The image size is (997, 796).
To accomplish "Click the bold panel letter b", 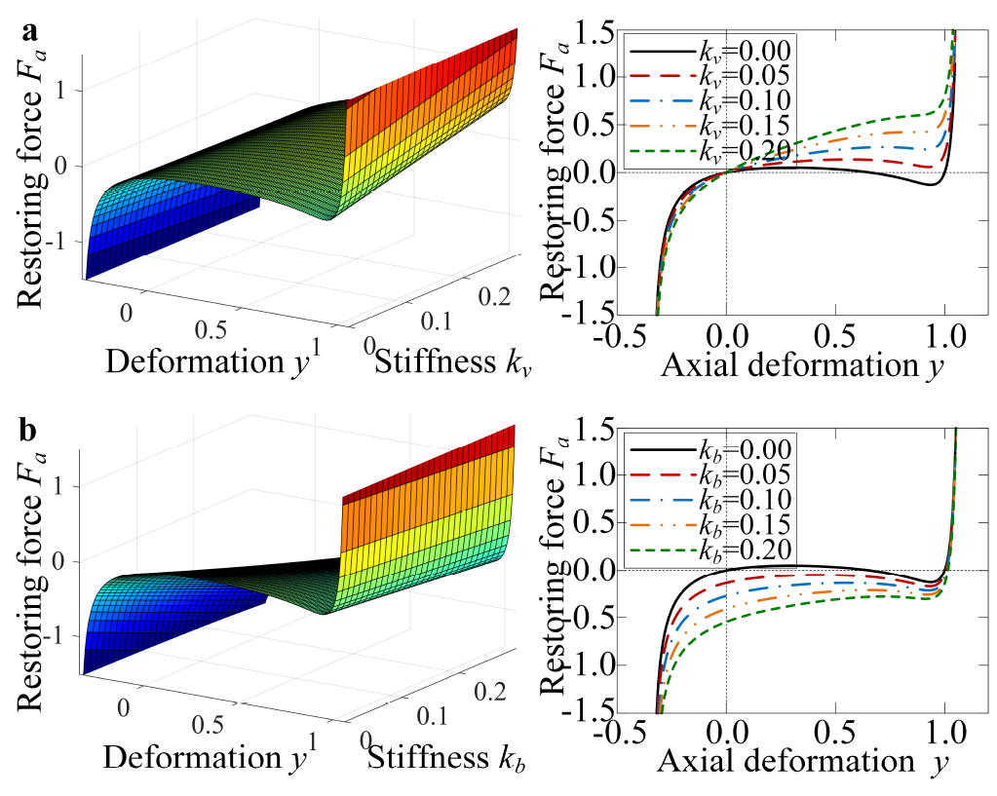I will click(30, 427).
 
